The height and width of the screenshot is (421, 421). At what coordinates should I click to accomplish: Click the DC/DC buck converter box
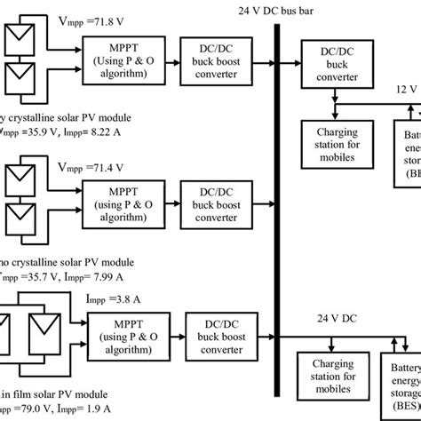(330, 65)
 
